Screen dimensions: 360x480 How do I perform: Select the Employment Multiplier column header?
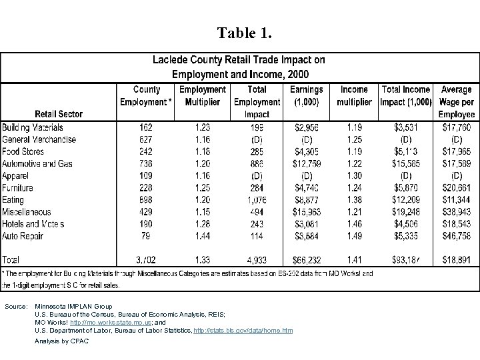(202, 95)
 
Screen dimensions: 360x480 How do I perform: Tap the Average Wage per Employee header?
(456, 101)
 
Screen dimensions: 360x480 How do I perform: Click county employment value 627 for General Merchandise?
(147, 139)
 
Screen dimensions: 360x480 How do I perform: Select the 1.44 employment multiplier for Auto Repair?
(202, 235)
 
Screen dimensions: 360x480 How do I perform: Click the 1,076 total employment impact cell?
(257, 199)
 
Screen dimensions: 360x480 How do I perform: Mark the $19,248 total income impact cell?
(406, 211)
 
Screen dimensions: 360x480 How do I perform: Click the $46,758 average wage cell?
(456, 235)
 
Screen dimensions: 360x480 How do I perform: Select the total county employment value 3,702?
(147, 259)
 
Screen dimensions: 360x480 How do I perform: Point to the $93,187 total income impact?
(406, 259)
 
